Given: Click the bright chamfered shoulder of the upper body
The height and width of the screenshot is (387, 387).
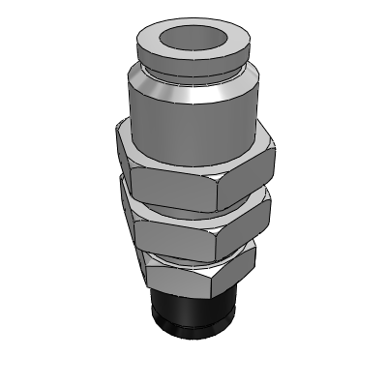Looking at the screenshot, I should [193, 97].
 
